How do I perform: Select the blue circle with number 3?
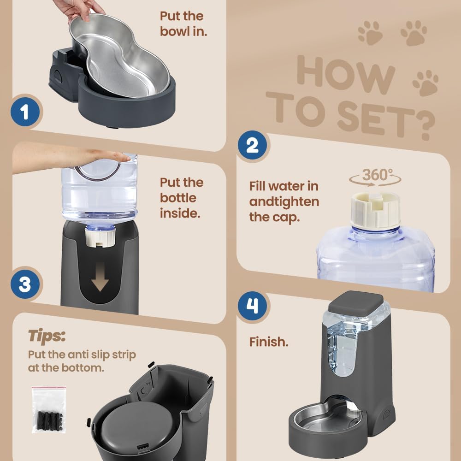pos(24,284)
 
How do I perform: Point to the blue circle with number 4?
pos(253,306)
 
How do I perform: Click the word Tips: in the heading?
pos(47,336)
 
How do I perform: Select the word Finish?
pos(269,342)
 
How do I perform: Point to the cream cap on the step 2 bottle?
pos(375,210)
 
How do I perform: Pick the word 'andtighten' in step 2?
pos(284,202)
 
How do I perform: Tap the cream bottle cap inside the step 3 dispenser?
pos(100,238)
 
